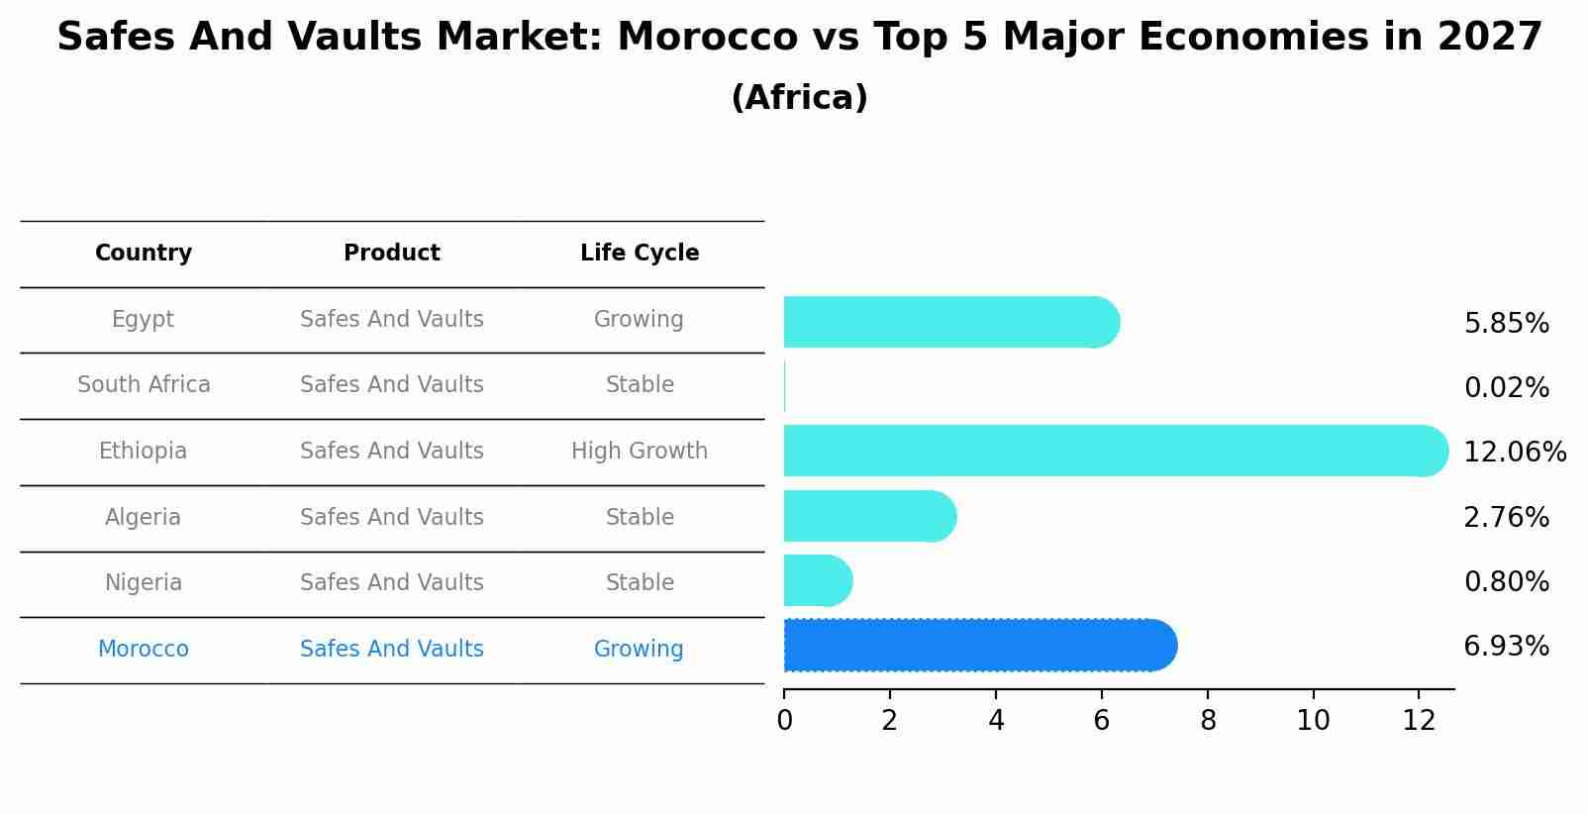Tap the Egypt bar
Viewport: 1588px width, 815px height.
click(x=950, y=322)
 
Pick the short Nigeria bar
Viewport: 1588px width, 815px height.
click(x=817, y=580)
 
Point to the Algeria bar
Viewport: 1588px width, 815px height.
click(x=868, y=516)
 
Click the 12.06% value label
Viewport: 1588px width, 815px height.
click(x=1514, y=453)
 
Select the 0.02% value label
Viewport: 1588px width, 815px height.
click(x=1506, y=388)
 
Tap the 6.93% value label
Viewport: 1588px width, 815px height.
click(x=1506, y=647)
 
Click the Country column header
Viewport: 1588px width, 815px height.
click(x=144, y=254)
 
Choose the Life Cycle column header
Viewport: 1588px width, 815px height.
click(x=640, y=254)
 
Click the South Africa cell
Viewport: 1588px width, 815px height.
click(x=144, y=385)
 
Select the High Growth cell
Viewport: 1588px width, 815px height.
click(x=640, y=452)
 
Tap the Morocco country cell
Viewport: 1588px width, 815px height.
click(x=144, y=650)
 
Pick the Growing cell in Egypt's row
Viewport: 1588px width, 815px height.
click(x=639, y=320)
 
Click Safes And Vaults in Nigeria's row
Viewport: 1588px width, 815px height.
click(x=392, y=583)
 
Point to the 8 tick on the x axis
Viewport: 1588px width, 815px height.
click(x=1208, y=721)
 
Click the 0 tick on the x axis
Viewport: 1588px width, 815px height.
click(x=784, y=721)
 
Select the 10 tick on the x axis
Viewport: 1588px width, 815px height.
click(x=1313, y=721)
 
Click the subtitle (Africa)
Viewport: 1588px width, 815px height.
click(x=799, y=98)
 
